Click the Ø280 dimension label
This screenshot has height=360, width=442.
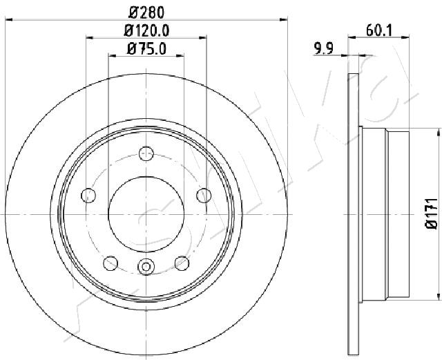(x=146, y=12)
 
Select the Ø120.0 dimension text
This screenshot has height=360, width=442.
(x=146, y=30)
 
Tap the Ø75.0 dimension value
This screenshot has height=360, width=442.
(x=146, y=48)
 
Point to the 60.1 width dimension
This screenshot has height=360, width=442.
(x=379, y=30)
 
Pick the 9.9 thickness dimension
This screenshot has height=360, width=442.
(x=324, y=48)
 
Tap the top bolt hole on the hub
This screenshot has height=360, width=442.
(x=146, y=154)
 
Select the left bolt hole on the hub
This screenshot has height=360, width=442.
(x=88, y=196)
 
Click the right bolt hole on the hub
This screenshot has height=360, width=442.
(x=204, y=196)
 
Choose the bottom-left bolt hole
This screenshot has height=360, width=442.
(x=110, y=263)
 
